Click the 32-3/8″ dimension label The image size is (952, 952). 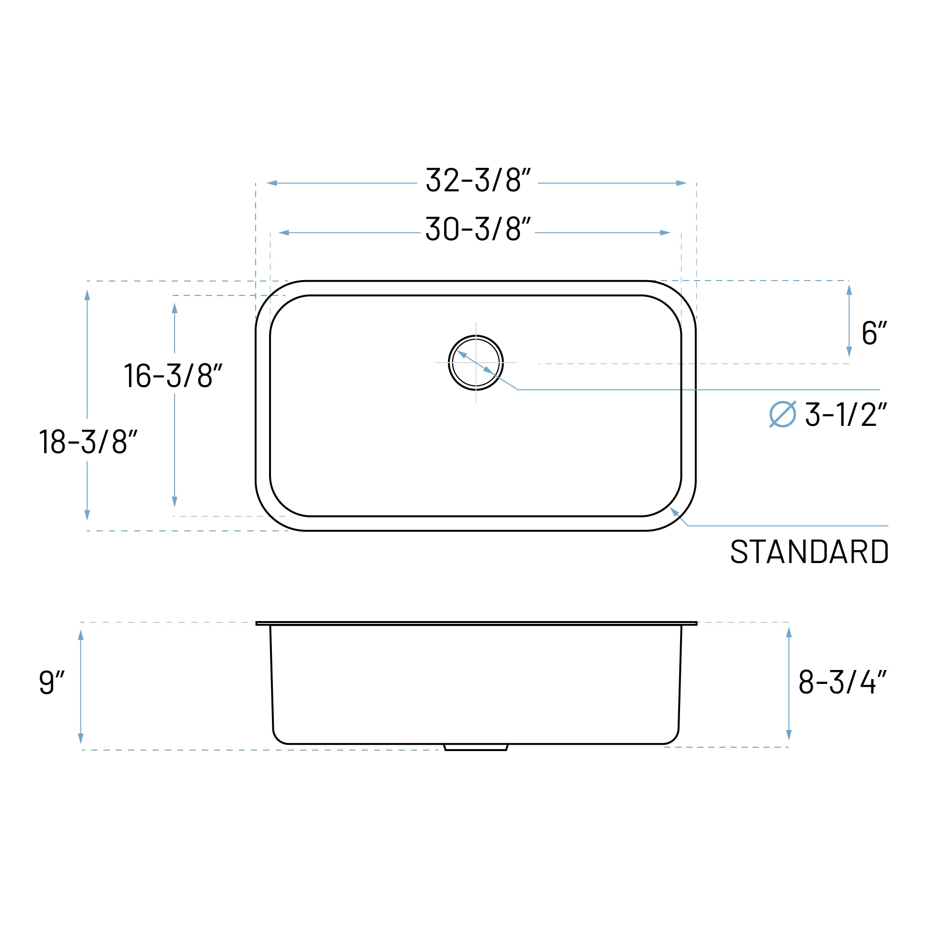pyautogui.click(x=478, y=180)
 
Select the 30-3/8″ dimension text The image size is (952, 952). pyautogui.click(x=478, y=229)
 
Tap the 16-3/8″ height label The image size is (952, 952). pyautogui.click(x=173, y=376)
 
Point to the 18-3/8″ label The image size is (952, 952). pyautogui.click(x=88, y=442)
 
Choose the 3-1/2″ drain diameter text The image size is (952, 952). pyautogui.click(x=846, y=414)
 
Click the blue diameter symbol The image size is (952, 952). pyautogui.click(x=783, y=414)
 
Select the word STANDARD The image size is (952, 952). pyautogui.click(x=809, y=552)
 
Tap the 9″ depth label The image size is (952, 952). pyautogui.click(x=52, y=682)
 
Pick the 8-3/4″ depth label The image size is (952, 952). pyautogui.click(x=842, y=682)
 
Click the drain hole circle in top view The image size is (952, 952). pyautogui.click(x=475, y=363)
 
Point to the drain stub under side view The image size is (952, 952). pyautogui.click(x=475, y=748)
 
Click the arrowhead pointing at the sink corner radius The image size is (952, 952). pyautogui.click(x=674, y=511)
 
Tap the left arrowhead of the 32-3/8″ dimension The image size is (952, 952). pyautogui.click(x=272, y=183)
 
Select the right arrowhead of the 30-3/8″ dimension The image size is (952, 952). pyautogui.click(x=665, y=233)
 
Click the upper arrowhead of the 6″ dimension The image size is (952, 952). pyautogui.click(x=849, y=290)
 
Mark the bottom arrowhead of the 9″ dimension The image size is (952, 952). pyautogui.click(x=81, y=738)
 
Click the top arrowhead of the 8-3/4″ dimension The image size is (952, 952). pyautogui.click(x=789, y=633)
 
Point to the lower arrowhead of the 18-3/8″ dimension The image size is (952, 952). pyautogui.click(x=87, y=515)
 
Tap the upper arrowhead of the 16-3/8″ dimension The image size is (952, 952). pyautogui.click(x=175, y=308)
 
